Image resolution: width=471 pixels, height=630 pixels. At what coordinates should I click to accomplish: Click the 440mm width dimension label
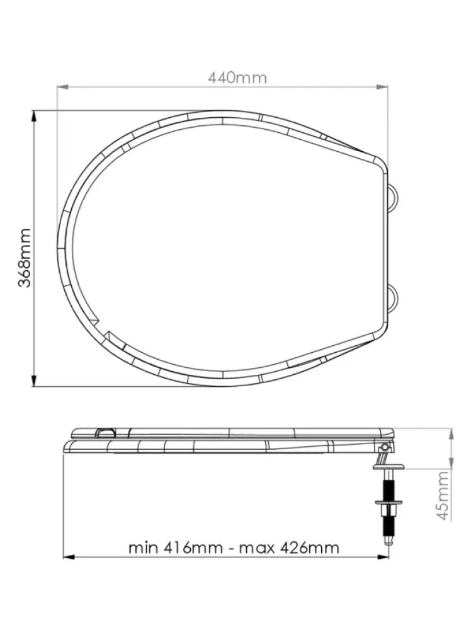237,77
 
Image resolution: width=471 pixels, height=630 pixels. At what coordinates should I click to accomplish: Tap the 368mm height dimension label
25,258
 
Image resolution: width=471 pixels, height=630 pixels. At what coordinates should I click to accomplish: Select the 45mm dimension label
443,495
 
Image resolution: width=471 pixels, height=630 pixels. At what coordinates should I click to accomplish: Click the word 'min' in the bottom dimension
144,547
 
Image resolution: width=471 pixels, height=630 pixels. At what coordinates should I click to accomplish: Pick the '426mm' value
309,547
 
